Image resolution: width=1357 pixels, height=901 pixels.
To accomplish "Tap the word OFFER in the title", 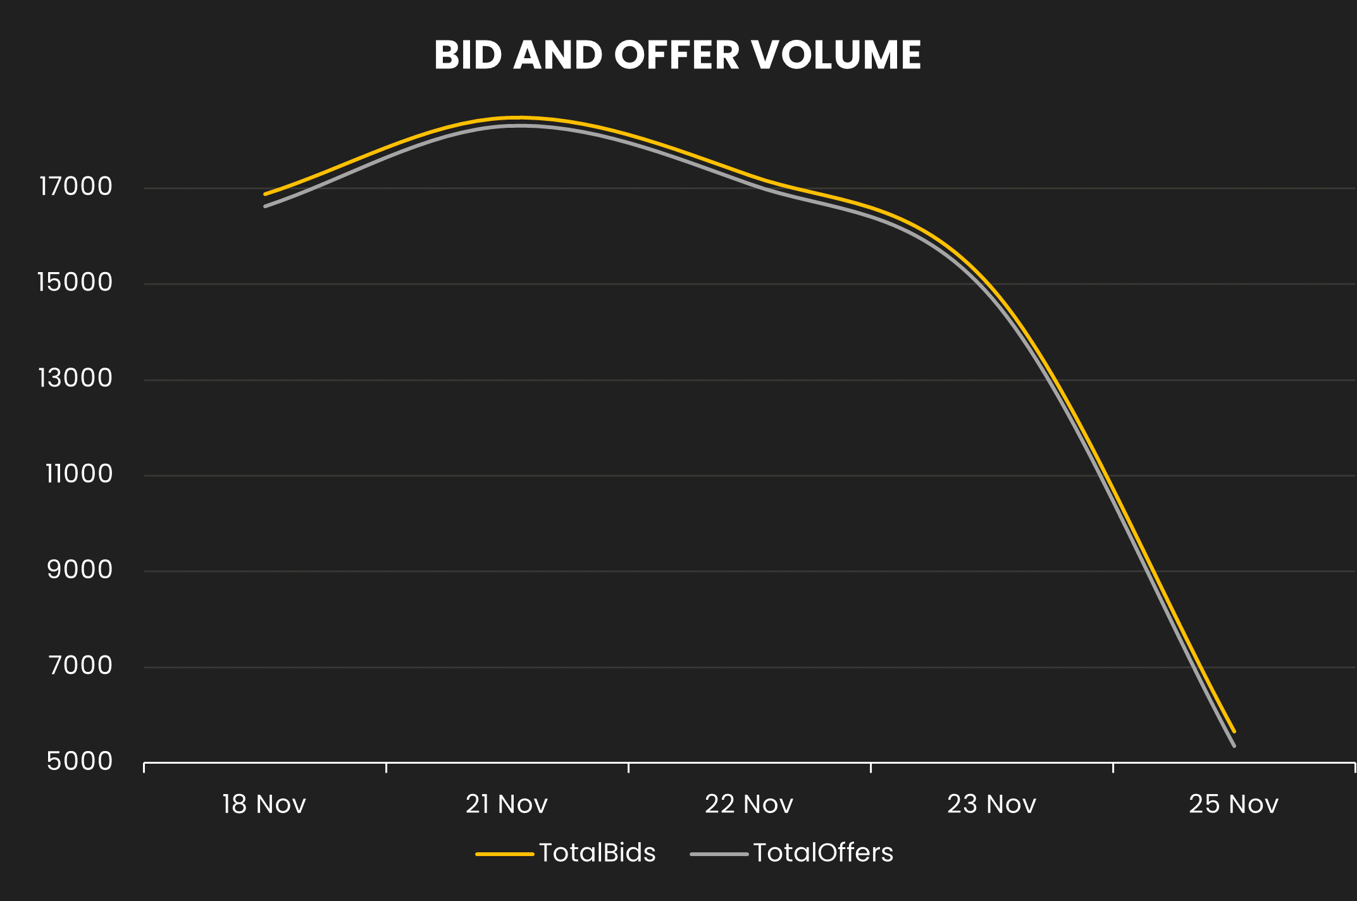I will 676,55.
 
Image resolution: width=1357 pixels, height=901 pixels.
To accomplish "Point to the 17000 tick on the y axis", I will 76,187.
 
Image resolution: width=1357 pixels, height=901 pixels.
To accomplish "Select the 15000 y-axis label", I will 75,282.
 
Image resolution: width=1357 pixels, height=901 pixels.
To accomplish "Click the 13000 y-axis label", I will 75,378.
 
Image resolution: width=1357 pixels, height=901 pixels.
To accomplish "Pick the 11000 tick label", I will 78,474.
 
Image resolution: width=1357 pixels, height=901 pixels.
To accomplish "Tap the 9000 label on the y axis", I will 80,570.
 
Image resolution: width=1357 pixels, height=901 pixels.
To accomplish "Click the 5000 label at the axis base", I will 80,761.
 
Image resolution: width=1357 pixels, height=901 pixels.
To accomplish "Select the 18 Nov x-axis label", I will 264,804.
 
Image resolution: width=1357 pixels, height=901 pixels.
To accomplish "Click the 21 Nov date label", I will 506,804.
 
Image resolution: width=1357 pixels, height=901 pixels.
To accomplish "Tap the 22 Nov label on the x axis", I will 749,804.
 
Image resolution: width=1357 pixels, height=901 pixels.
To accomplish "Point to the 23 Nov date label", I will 991,804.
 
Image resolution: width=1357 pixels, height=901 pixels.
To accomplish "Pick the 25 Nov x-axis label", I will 1234,804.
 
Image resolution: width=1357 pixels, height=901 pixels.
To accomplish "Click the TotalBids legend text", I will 597,853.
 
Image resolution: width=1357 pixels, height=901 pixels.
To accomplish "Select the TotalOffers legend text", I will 823,853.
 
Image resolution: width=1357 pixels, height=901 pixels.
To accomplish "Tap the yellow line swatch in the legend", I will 504,854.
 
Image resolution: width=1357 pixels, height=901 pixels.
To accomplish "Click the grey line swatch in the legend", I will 719,854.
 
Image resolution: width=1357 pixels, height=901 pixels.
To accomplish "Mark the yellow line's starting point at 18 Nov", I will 265,194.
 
